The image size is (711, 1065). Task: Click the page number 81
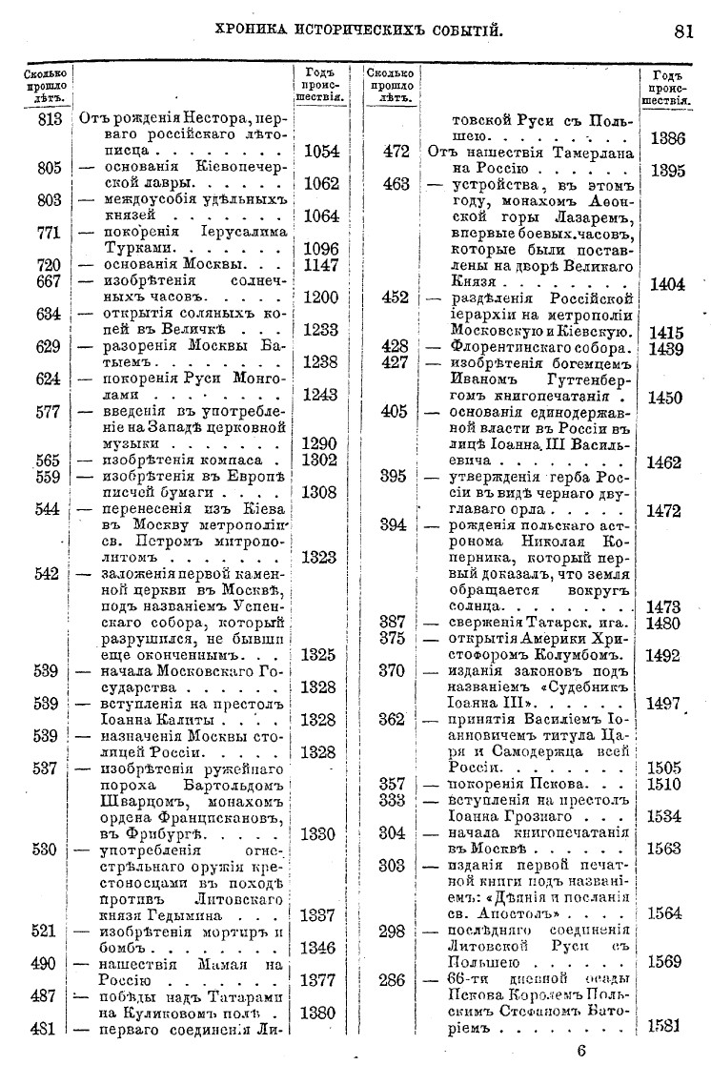coord(682,31)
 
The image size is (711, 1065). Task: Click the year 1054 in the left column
coord(320,152)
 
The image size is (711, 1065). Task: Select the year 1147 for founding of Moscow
coord(320,264)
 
